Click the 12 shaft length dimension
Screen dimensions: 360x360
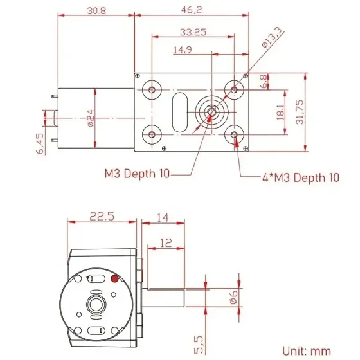click(166, 242)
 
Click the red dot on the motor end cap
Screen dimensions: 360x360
click(114, 278)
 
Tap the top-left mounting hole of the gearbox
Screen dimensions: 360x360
click(152, 89)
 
